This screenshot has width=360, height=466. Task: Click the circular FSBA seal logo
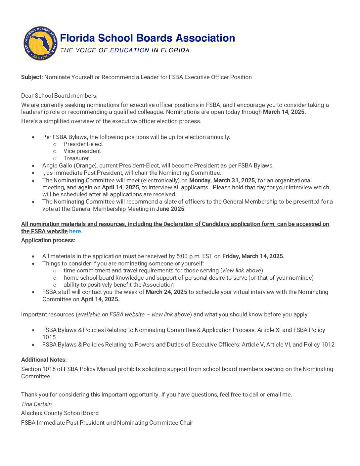[40, 43]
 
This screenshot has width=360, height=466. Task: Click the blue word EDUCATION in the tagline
[129, 50]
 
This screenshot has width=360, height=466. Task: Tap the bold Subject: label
[32, 77]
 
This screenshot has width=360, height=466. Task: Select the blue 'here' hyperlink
[75, 231]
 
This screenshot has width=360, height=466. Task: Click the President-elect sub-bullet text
[83, 144]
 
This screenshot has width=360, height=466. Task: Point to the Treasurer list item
[76, 158]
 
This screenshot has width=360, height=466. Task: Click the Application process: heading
[48, 240]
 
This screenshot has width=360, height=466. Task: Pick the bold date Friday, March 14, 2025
[252, 256]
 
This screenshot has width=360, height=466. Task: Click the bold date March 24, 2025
[166, 292]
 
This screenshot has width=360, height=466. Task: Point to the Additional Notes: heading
[44, 360]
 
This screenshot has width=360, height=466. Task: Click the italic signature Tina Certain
[36, 404]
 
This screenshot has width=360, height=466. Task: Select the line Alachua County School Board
[60, 413]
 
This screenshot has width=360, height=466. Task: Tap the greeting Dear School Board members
[59, 96]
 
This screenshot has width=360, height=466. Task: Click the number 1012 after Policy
[328, 345]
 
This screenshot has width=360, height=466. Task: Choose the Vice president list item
[82, 151]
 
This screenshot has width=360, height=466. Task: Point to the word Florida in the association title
[77, 38]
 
